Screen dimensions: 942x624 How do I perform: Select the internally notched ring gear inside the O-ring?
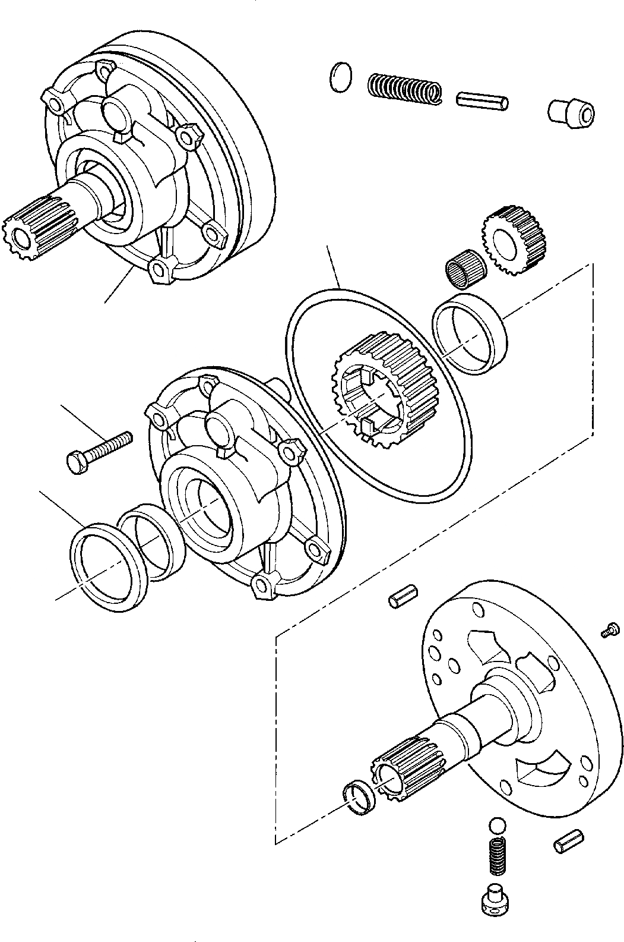pos(370,390)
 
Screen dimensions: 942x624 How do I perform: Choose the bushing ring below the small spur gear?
pos(470,336)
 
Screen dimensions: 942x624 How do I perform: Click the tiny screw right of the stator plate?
pos(610,631)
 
